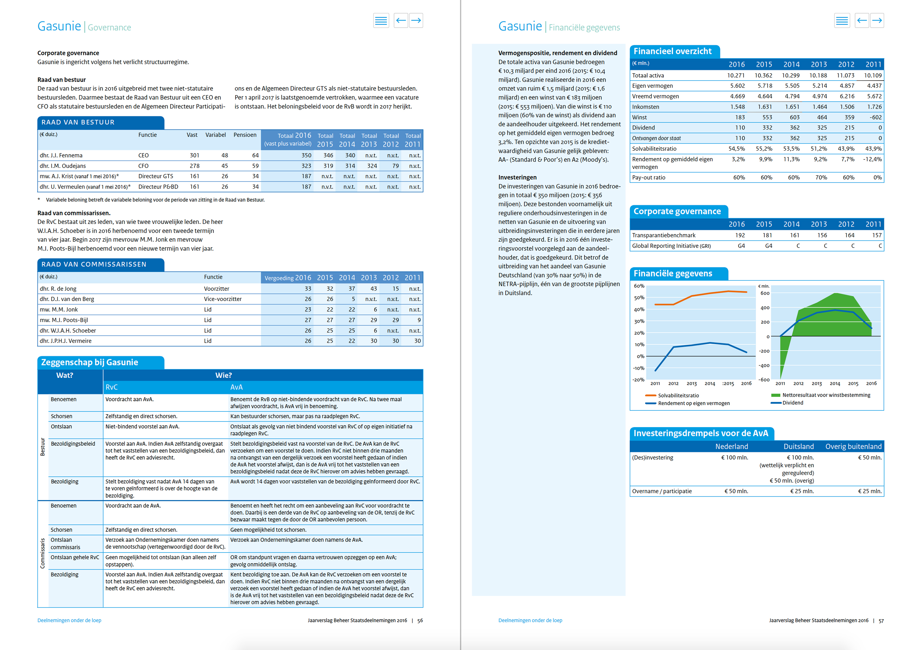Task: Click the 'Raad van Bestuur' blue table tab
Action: pyautogui.click(x=101, y=122)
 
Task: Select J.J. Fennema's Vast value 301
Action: pyautogui.click(x=195, y=155)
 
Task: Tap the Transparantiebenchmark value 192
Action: pyautogui.click(x=740, y=235)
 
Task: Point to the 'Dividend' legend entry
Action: pyautogui.click(x=787, y=403)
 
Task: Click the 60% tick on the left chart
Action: pyautogui.click(x=639, y=286)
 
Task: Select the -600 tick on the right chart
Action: pyautogui.click(x=764, y=380)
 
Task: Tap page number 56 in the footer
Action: pyautogui.click(x=420, y=620)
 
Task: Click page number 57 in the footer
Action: pyautogui.click(x=881, y=620)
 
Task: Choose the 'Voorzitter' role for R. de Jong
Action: pyautogui.click(x=217, y=289)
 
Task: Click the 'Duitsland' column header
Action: pyautogui.click(x=799, y=446)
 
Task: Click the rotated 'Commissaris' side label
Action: pyautogui.click(x=42, y=553)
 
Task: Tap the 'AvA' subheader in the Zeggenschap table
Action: pyautogui.click(x=236, y=387)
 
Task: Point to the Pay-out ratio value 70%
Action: pyautogui.click(x=821, y=178)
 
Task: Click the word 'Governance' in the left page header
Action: pyautogui.click(x=109, y=27)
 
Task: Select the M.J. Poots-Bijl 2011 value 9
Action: pyautogui.click(x=419, y=320)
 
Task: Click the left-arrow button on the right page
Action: pyautogui.click(x=862, y=20)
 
